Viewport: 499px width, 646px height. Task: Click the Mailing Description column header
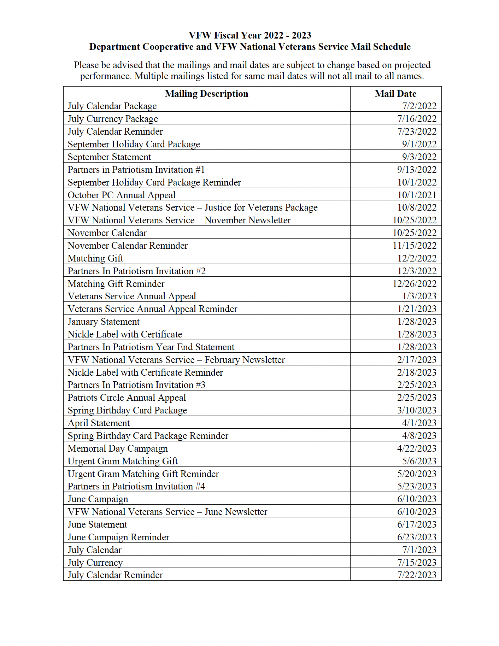(206, 94)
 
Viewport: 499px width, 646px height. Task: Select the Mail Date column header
(395, 94)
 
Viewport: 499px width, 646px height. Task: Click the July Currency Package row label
(113, 119)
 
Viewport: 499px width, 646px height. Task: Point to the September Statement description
(109, 157)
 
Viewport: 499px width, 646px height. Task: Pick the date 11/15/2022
(415, 246)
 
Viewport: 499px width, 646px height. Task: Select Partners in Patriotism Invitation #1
(136, 170)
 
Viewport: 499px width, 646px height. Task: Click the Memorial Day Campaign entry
(118, 448)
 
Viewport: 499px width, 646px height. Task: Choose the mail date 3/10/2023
(417, 410)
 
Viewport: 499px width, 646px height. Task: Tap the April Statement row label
(99, 423)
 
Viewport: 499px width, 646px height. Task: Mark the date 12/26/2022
(415, 284)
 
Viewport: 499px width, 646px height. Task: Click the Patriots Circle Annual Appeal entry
(127, 398)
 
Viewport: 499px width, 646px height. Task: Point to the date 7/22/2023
(417, 575)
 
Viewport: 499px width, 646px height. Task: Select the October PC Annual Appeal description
(122, 195)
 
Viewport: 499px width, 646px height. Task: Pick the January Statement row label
(104, 322)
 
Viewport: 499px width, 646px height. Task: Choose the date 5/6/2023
(419, 461)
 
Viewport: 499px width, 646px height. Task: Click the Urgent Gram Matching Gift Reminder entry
(143, 474)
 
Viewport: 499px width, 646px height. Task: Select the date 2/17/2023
(417, 360)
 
